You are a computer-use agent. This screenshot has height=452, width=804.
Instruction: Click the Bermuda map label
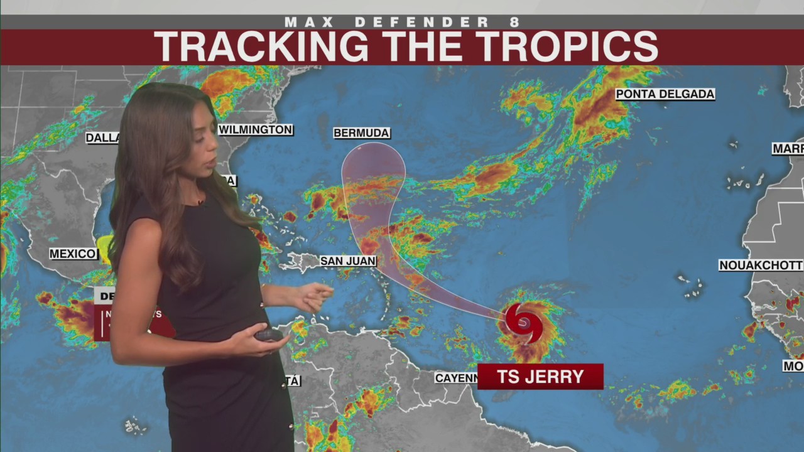(x=361, y=133)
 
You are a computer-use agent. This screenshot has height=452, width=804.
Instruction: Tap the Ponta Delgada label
(x=665, y=94)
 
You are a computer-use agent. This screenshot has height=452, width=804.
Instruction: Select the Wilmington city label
(x=255, y=130)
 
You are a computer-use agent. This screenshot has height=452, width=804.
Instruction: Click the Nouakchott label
(x=761, y=265)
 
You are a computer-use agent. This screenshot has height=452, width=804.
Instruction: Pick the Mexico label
(x=73, y=254)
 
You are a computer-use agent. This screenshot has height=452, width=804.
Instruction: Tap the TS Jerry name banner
(x=540, y=377)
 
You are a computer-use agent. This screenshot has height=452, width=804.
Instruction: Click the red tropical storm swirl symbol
(x=524, y=322)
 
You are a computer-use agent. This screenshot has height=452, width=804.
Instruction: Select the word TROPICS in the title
(x=546, y=46)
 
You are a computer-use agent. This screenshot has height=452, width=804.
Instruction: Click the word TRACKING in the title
(x=261, y=46)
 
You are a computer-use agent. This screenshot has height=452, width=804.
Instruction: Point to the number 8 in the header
(x=515, y=22)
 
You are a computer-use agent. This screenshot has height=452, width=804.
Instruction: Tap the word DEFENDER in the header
(x=421, y=22)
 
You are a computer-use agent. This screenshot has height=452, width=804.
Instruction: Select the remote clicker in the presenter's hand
(x=269, y=335)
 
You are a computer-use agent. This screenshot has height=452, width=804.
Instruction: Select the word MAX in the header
(x=308, y=22)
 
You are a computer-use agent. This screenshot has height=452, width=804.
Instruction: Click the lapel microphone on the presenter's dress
(x=200, y=202)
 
